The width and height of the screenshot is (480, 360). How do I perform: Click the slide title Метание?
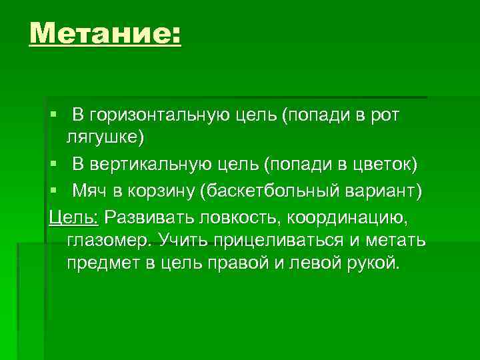[105, 33]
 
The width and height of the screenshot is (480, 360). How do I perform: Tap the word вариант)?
[382, 193]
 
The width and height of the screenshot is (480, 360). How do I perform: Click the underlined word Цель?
[73, 218]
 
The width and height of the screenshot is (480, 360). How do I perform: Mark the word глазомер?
[107, 241]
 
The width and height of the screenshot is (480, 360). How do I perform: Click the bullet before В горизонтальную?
[53, 116]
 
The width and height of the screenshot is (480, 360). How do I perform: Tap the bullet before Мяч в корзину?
[53, 193]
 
